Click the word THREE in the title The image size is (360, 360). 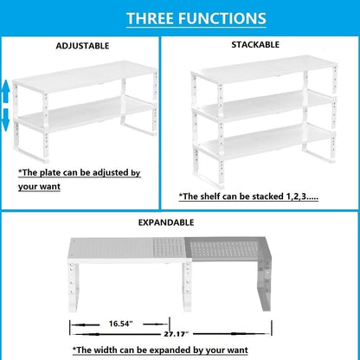pos(152,18)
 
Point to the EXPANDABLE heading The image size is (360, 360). pos(178,222)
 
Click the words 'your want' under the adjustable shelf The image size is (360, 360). pos(39,185)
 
